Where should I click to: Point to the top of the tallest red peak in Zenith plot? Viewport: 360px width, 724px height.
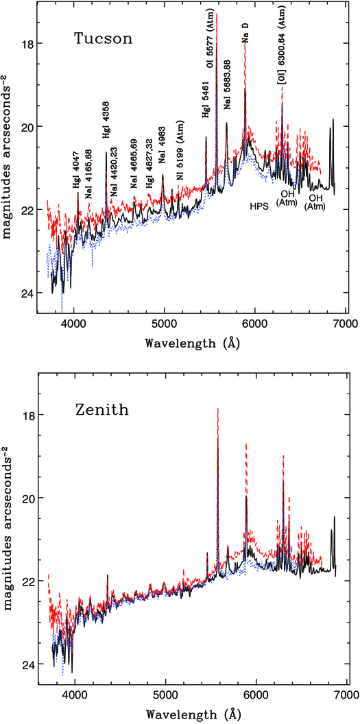point(218,409)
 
